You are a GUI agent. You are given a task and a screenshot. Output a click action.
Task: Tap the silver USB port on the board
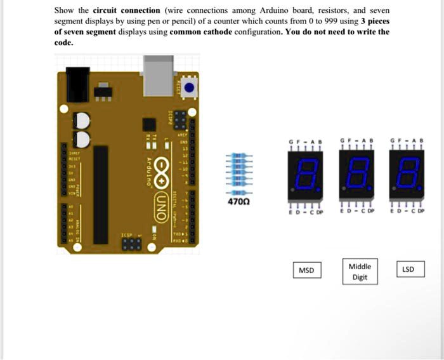click(159, 72)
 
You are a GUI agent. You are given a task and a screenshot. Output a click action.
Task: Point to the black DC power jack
click(74, 83)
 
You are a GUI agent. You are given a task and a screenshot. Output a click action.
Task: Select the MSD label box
click(306, 271)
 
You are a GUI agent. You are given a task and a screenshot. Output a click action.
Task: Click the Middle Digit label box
click(360, 271)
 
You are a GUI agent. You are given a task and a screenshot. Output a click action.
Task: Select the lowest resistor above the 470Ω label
click(238, 192)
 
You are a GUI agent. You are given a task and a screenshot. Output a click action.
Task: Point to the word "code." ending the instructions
click(64, 43)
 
